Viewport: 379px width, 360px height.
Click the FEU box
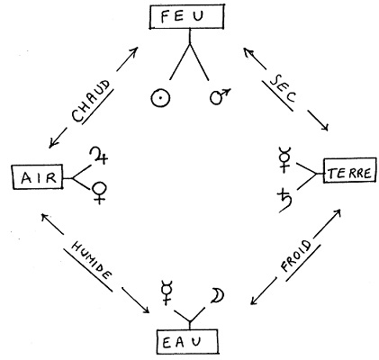click(x=186, y=17)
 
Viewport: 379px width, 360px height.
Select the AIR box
click(x=38, y=176)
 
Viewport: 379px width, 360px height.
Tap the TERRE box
click(x=349, y=170)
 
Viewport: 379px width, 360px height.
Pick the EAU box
click(x=187, y=341)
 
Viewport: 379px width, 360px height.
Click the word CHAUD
click(x=91, y=101)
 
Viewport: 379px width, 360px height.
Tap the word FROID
click(x=295, y=256)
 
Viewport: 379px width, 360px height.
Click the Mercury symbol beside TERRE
click(x=284, y=159)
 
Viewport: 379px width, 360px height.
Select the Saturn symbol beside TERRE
click(x=285, y=202)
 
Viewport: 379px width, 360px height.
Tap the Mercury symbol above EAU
click(x=166, y=292)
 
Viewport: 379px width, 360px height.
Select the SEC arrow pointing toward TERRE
click(x=318, y=121)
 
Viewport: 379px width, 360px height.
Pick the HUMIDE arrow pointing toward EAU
click(x=135, y=301)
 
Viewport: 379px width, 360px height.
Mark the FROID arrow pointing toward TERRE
click(x=328, y=222)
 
